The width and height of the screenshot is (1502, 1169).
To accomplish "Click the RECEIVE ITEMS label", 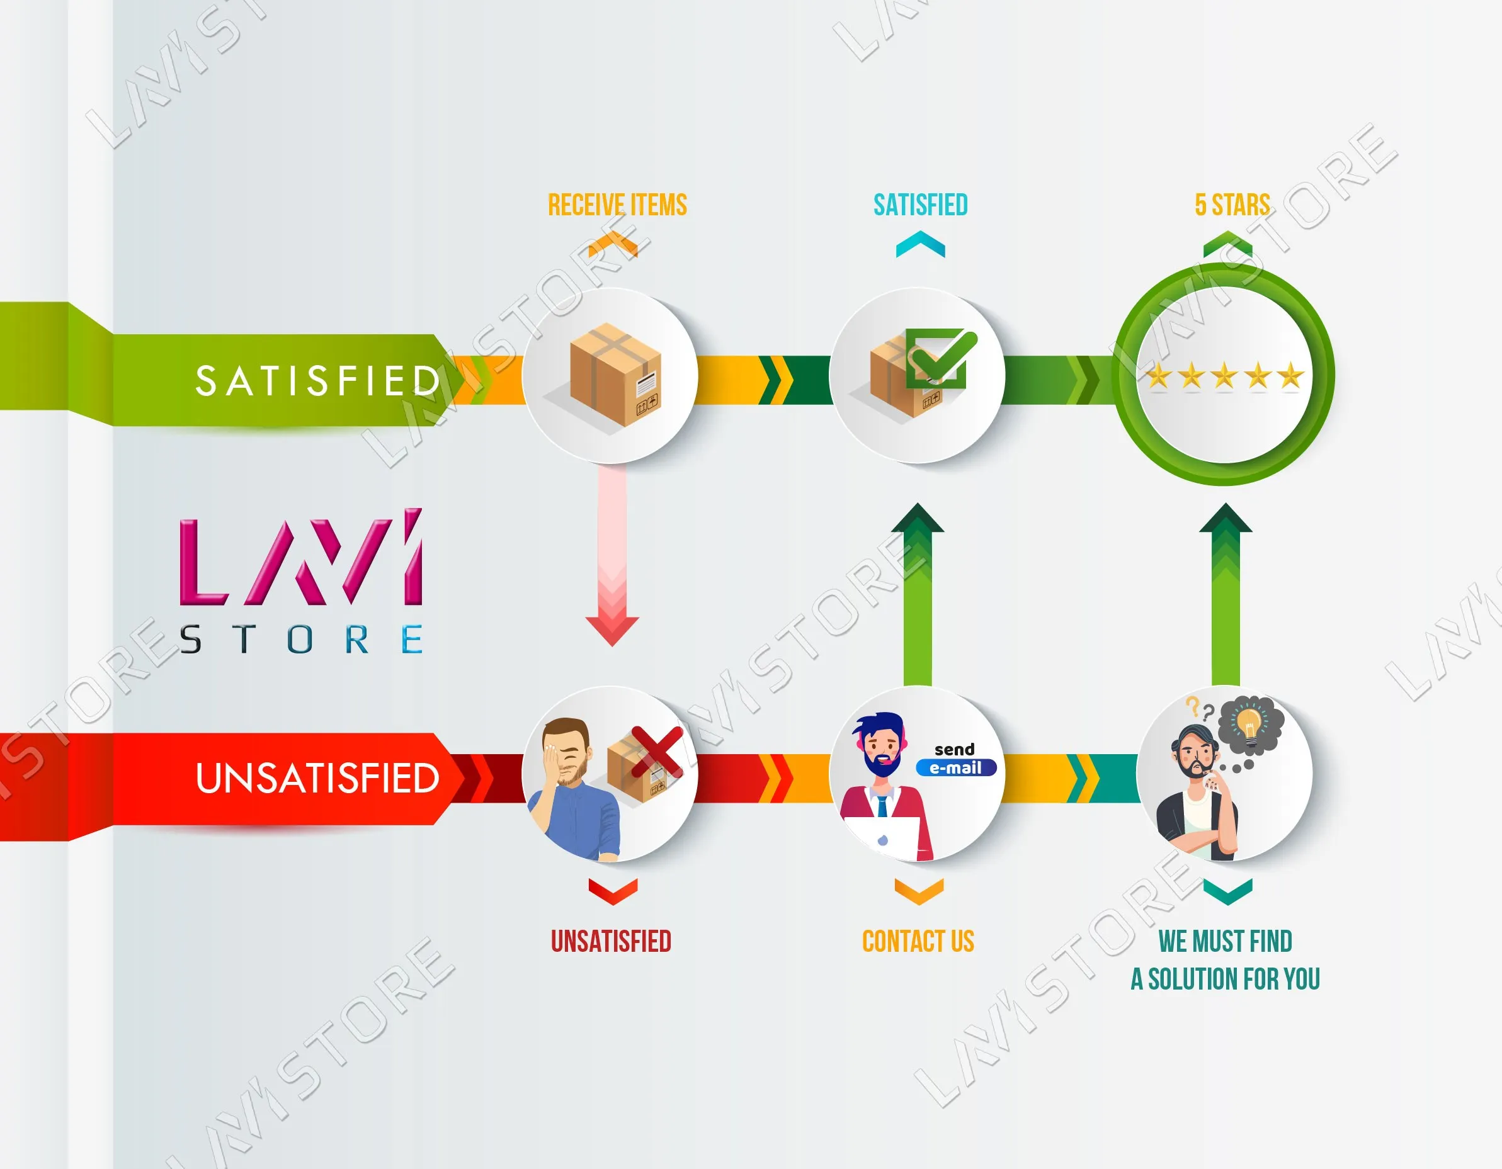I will [617, 205].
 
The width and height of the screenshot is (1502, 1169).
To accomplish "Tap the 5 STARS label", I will [1232, 205].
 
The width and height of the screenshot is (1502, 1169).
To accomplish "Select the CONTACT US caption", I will [918, 941].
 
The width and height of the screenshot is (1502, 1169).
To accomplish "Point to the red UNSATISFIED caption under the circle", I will [611, 941].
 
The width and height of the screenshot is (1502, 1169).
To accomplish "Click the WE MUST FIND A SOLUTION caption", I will [1225, 960].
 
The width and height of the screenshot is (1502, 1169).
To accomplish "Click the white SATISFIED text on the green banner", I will [318, 381].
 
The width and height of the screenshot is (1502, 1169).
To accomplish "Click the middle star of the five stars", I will [1224, 376].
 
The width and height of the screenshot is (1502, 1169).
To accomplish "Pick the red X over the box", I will [657, 752].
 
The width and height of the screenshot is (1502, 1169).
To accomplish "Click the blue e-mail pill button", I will [955, 767].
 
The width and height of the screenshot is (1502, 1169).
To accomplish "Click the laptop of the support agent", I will [882, 837].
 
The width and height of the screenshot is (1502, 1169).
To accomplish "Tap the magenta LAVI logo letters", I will [300, 560].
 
